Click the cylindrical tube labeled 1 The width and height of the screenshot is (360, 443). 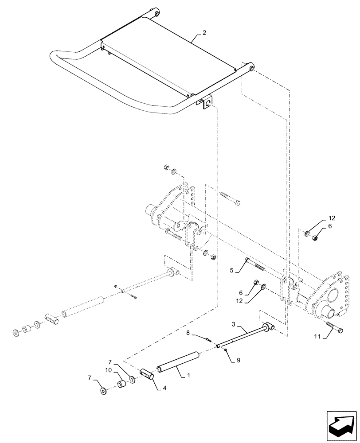(x=177, y=361)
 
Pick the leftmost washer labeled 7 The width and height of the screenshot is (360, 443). (x=103, y=391)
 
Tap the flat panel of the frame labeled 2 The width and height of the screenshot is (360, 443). (x=168, y=62)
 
